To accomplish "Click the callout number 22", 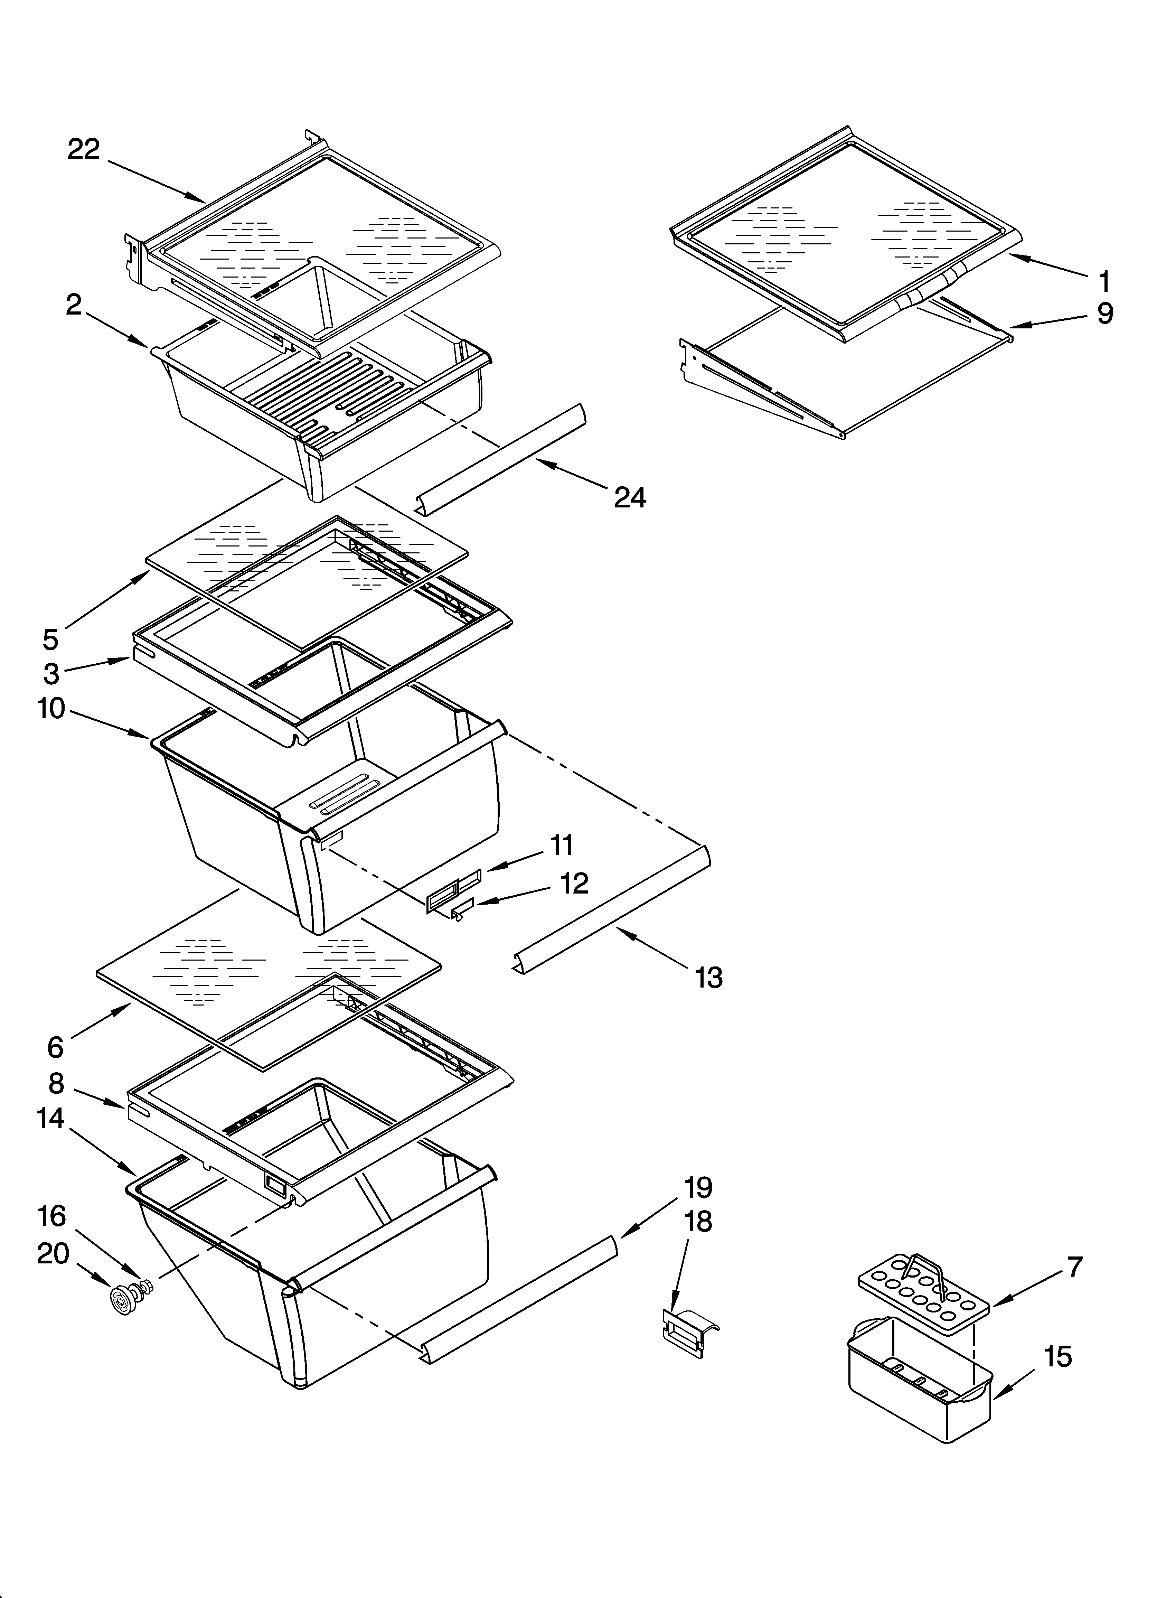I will click(x=84, y=149).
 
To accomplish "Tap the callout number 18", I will click(x=698, y=1221).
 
